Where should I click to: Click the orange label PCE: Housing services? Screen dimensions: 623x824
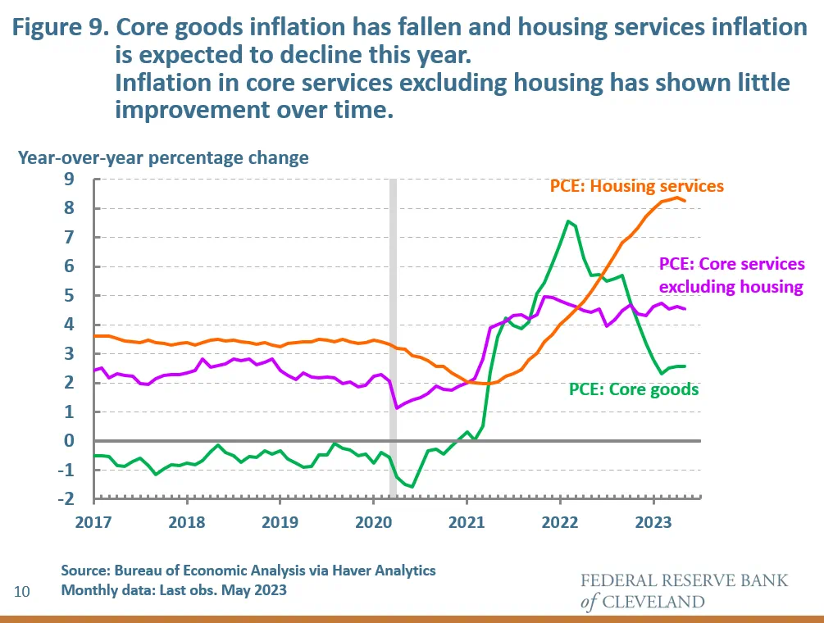click(636, 186)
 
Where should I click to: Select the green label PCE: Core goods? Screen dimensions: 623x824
click(633, 389)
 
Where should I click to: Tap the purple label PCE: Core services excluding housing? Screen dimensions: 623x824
click(732, 275)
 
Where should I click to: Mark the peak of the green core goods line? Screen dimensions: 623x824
click(567, 221)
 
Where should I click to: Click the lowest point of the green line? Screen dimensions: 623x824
click(412, 486)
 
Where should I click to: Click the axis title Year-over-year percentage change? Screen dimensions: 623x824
click(164, 157)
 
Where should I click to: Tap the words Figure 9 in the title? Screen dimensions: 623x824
click(58, 28)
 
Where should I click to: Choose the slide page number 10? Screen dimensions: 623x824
click(22, 590)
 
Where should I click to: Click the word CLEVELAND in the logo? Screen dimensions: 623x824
click(653, 603)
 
